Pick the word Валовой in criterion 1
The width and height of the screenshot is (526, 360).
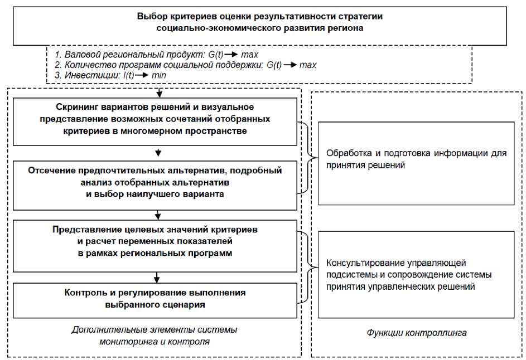click(81, 55)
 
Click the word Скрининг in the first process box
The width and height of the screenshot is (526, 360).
click(77, 106)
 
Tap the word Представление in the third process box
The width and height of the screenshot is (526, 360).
click(83, 230)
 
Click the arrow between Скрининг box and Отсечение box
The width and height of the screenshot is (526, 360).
click(160, 152)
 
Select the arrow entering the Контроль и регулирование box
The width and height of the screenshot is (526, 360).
click(160, 277)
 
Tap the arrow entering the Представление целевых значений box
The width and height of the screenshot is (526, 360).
click(160, 214)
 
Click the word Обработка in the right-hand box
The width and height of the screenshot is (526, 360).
click(348, 153)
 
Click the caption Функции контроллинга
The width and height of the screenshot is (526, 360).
click(416, 333)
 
